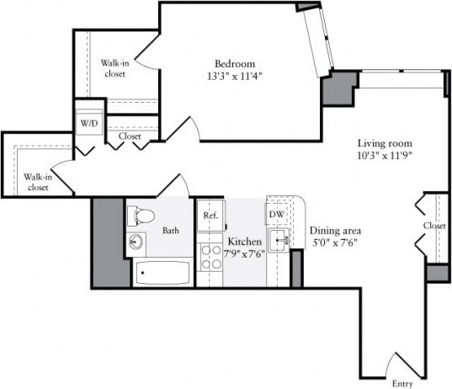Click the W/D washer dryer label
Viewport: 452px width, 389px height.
coord(88,124)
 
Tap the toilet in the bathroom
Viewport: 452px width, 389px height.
coord(141,216)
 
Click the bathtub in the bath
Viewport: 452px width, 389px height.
coord(162,272)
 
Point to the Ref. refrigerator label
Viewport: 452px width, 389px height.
coord(210,216)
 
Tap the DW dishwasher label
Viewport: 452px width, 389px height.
coord(277,215)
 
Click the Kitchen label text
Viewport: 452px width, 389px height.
coord(244,242)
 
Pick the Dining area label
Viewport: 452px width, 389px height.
coord(337,231)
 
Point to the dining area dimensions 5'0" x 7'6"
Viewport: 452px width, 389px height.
coord(335,243)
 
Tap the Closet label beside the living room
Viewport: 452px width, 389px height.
coord(434,226)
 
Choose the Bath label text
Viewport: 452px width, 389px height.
coord(171,231)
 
